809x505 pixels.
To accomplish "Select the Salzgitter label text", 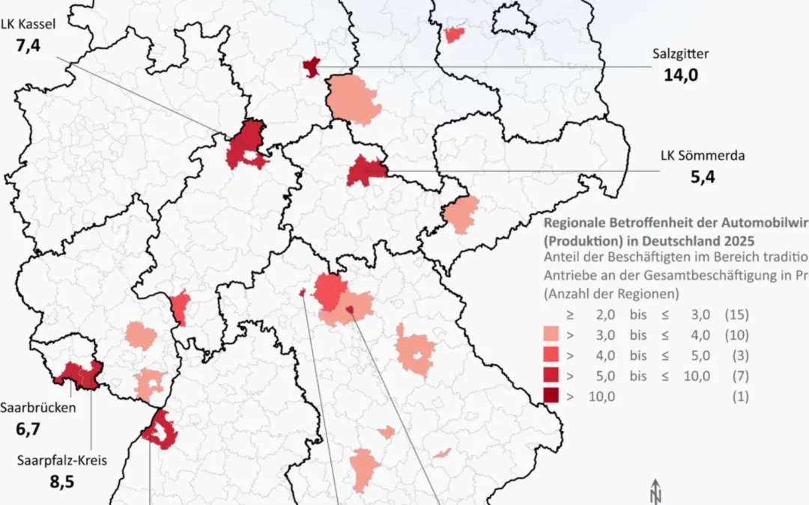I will [680, 54].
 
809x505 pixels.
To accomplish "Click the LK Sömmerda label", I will [691, 156].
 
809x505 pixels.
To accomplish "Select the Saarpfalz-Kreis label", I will [61, 460].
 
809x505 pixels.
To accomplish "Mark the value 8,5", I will [61, 481].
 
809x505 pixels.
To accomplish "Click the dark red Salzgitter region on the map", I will [312, 67].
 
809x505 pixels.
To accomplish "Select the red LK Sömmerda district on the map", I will [365, 172].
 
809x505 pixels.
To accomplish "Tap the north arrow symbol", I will [657, 492].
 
